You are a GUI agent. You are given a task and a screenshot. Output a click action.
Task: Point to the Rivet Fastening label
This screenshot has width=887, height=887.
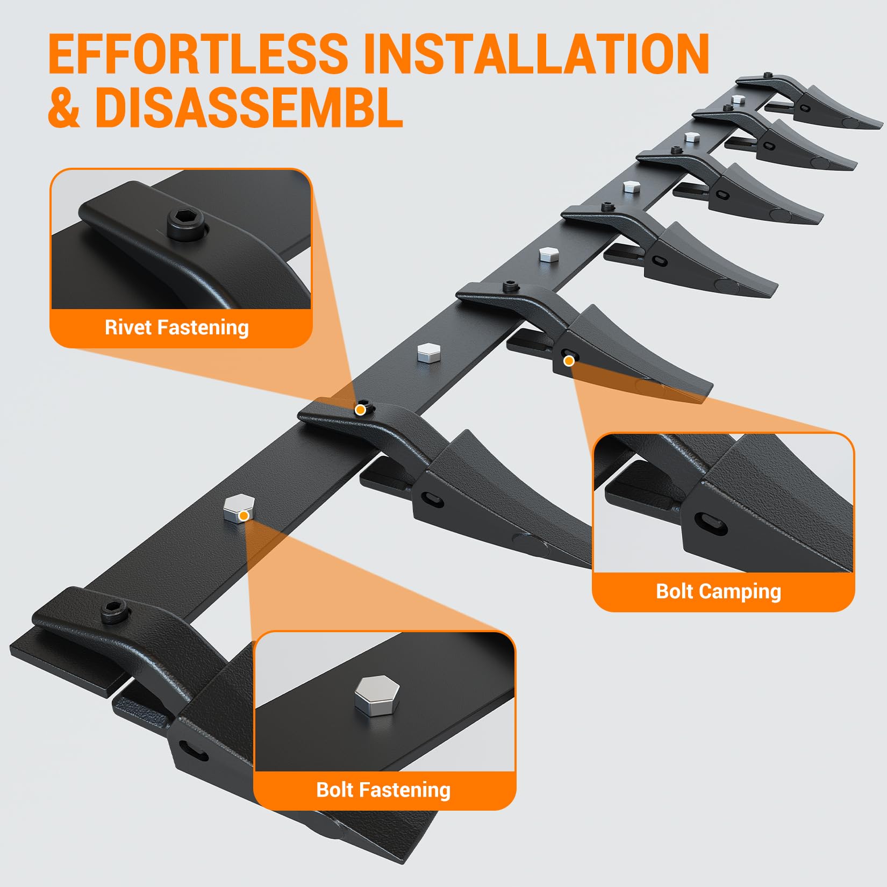177,327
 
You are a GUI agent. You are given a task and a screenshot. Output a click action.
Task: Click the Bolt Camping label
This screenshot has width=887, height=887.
718,591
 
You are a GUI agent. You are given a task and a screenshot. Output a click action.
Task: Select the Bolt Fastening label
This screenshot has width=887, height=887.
383,790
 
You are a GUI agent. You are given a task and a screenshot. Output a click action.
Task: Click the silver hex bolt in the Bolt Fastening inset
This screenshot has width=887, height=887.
377,695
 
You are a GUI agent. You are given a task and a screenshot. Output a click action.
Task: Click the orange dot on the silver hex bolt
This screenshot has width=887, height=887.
244,516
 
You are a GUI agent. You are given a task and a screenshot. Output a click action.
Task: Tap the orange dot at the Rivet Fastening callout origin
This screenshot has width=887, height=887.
360,410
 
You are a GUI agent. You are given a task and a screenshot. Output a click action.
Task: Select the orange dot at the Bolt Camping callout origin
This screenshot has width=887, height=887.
569,361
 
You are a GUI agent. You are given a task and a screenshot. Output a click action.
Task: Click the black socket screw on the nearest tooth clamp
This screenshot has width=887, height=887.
115,611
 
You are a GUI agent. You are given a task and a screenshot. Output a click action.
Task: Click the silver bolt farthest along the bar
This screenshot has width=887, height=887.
738,99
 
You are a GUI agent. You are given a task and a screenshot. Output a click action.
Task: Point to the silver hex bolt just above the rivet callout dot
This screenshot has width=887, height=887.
429,352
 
